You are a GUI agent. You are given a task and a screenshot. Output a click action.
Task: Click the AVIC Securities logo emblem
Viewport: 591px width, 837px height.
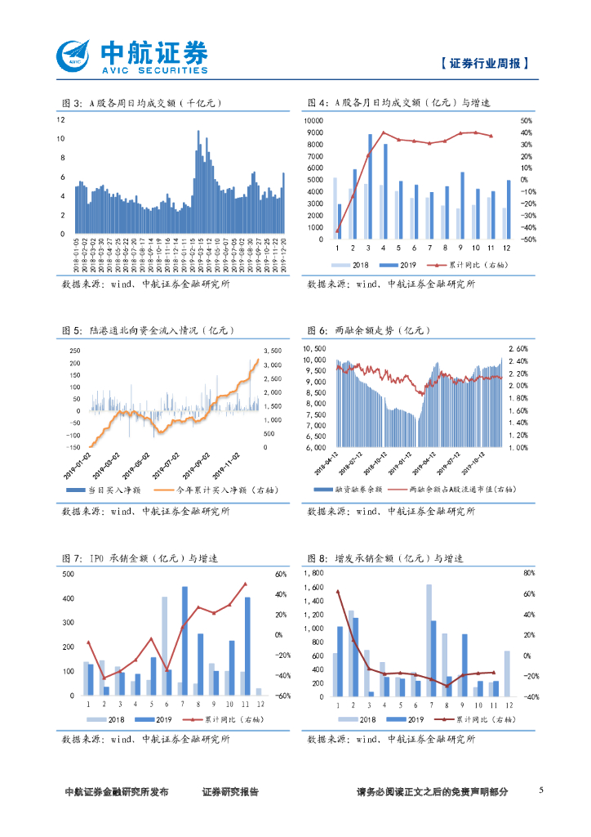pos(75,55)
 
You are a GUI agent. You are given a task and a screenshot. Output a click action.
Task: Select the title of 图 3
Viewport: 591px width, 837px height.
pos(142,103)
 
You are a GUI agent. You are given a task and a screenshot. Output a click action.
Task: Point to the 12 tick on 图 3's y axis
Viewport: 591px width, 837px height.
pos(60,119)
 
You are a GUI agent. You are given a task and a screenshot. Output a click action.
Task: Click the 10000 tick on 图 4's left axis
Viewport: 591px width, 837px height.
pos(314,120)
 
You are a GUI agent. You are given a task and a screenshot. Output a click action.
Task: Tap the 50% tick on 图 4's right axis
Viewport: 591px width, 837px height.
pos(527,120)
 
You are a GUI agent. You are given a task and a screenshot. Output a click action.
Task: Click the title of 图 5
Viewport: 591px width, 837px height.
pos(148,331)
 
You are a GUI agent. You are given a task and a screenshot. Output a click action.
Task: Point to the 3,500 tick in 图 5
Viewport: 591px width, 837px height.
pos(273,351)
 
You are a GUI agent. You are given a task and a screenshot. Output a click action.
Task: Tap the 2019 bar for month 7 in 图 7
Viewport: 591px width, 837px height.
pos(184,640)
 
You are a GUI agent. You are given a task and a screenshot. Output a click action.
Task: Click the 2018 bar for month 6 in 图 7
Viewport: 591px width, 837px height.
pos(164,646)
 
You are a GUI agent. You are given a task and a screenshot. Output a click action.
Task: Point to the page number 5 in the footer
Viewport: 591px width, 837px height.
pos(541,790)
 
